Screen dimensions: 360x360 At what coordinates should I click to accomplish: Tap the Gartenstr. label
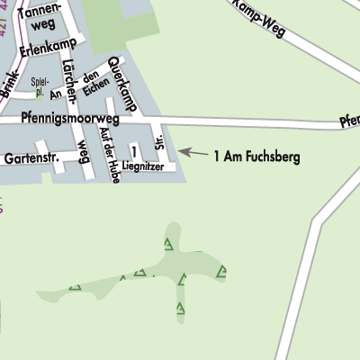(x=31, y=157)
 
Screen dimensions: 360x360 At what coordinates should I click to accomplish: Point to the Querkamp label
(x=121, y=83)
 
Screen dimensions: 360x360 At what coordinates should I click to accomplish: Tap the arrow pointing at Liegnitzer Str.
(x=190, y=153)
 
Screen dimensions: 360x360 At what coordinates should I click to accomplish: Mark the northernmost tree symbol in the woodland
(x=168, y=243)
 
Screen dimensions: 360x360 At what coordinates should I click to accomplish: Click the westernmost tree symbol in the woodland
(x=76, y=289)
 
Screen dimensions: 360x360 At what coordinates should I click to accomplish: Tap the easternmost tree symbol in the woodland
(x=221, y=270)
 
